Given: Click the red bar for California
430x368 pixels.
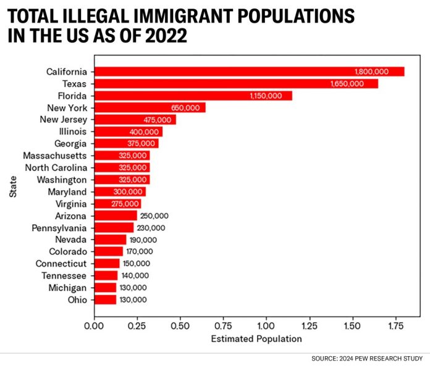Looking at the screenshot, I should pos(247,72).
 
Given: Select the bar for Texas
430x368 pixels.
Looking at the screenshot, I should pos(235,83).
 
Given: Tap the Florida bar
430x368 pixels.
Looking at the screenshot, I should pos(192,96).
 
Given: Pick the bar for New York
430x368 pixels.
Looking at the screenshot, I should pos(148,107).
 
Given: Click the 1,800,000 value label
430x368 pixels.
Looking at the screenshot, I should pos(371,72).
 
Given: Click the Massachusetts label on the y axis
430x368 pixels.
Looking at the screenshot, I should pos(55,156).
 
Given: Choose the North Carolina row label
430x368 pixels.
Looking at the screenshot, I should pos(56,167).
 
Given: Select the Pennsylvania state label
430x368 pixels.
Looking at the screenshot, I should pos(59,228).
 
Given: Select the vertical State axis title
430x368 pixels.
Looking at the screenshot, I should pos(12,185).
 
